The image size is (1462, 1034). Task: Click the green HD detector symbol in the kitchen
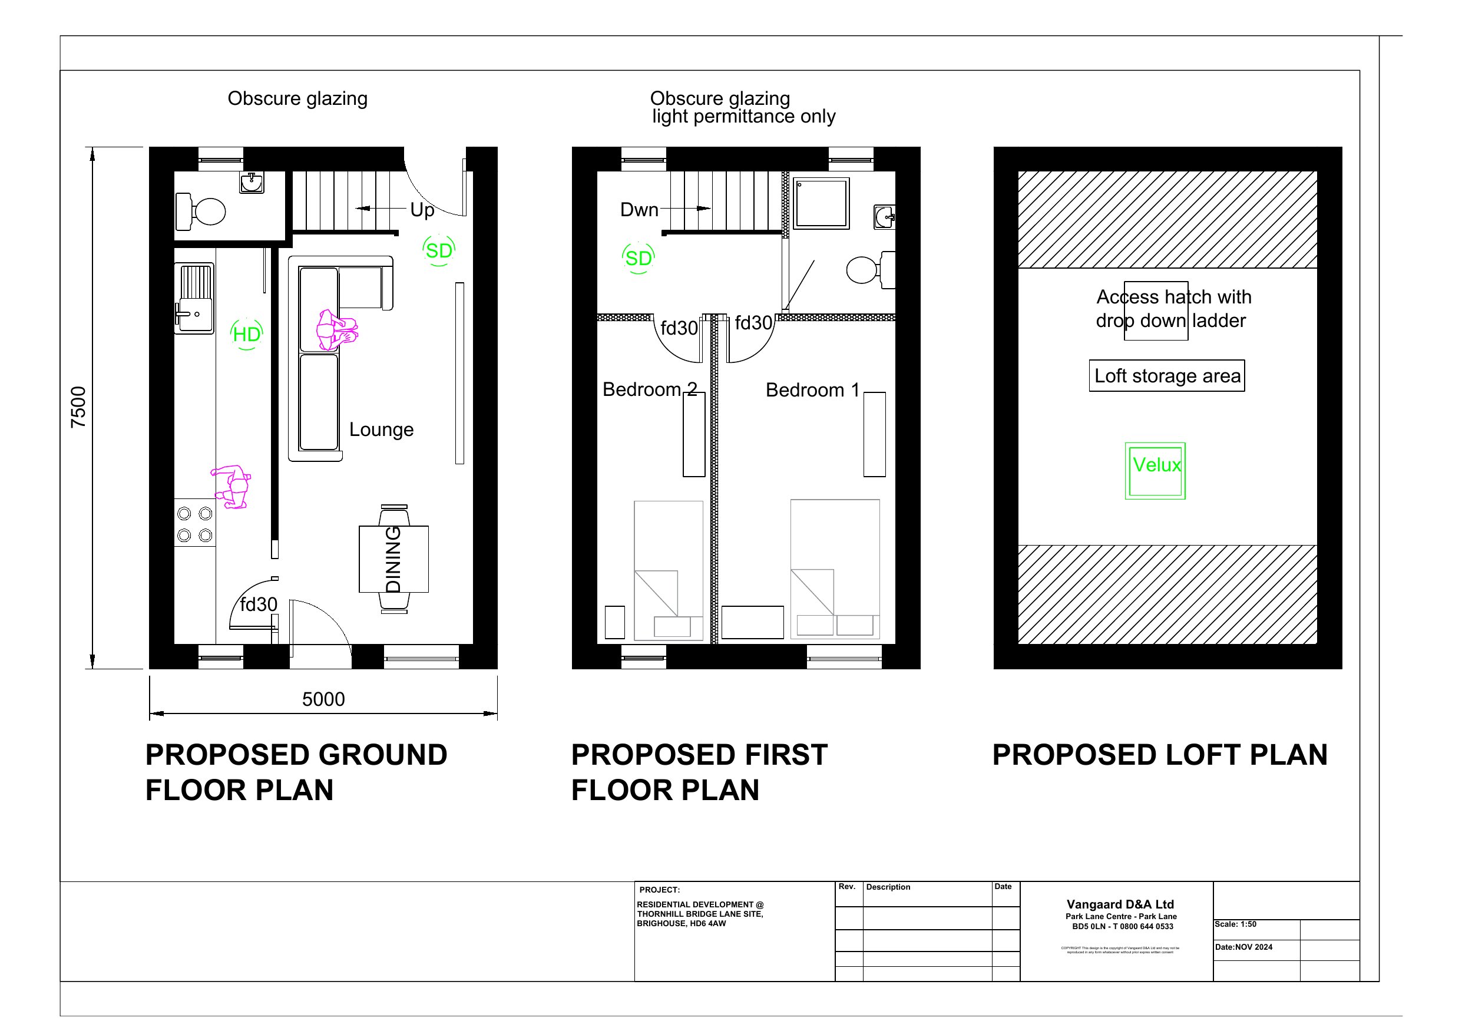[246, 334]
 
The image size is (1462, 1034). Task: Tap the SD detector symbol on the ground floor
[438, 250]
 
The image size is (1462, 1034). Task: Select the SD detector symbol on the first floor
[638, 258]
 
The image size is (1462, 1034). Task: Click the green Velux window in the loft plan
[1155, 471]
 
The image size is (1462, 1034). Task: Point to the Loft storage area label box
[1166, 376]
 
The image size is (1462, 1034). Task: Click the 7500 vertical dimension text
[78, 407]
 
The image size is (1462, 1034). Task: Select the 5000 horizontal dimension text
[323, 699]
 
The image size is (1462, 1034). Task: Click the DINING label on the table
[393, 559]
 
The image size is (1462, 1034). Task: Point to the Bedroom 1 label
[812, 390]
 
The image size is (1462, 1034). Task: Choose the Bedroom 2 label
[650, 389]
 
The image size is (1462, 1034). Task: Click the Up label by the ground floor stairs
[422, 210]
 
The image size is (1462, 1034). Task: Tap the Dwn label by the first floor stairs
[639, 210]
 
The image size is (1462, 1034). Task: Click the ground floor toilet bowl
[208, 212]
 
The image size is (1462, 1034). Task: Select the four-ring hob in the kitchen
[195, 524]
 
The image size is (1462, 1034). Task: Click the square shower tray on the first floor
[822, 203]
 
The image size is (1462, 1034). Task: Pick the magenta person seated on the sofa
[336, 330]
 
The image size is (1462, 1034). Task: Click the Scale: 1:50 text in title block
[1235, 924]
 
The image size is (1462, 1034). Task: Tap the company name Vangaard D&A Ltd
[1120, 904]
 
